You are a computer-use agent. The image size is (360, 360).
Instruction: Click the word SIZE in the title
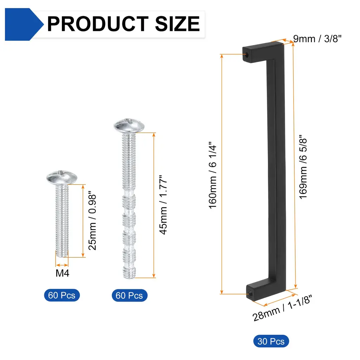tap(178, 24)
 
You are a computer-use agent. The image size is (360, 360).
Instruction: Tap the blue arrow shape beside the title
tap(24, 24)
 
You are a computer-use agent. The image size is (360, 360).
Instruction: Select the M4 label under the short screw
tap(62, 273)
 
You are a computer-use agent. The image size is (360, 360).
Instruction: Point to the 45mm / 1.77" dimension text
tap(163, 205)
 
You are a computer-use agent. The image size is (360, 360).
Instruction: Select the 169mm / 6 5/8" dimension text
tap(303, 167)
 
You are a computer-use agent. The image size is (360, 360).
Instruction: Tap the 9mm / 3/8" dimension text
tap(317, 39)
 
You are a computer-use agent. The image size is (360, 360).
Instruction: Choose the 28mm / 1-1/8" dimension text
tap(282, 308)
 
